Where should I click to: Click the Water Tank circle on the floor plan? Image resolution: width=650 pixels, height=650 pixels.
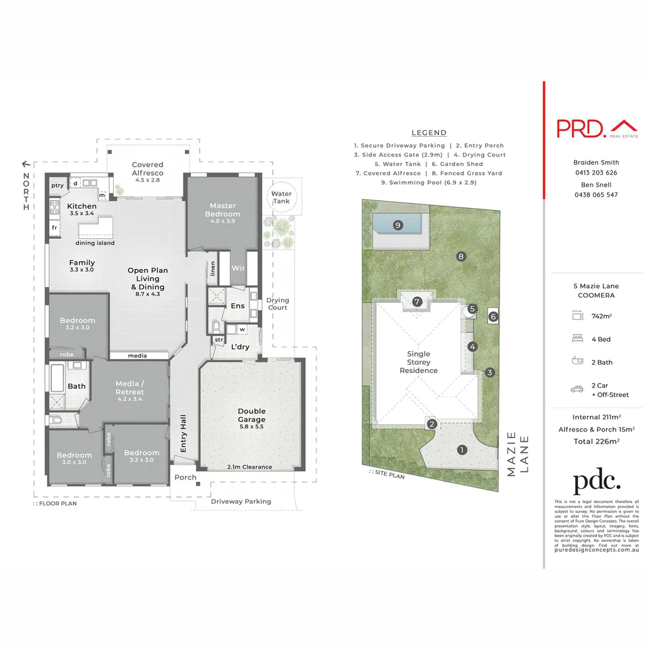click(x=281, y=197)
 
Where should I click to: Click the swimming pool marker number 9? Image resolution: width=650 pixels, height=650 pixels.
click(x=397, y=225)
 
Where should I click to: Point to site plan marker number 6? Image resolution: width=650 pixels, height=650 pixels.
click(x=493, y=315)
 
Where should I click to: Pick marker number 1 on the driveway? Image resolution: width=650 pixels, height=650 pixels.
click(x=462, y=450)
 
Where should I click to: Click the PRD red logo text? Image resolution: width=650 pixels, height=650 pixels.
click(x=581, y=128)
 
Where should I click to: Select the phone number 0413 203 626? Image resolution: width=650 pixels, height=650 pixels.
click(x=596, y=173)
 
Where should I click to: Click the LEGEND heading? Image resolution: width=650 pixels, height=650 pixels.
click(x=429, y=133)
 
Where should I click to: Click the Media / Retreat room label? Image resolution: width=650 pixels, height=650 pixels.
click(x=130, y=388)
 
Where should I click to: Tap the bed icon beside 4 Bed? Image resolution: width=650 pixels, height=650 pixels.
click(x=577, y=339)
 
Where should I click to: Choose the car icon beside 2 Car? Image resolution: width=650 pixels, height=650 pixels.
click(x=577, y=389)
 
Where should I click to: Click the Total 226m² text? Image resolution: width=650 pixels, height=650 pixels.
click(x=596, y=441)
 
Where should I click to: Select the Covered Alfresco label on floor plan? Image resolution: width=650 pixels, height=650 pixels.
click(x=147, y=169)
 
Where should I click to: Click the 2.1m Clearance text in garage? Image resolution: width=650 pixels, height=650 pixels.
click(x=249, y=466)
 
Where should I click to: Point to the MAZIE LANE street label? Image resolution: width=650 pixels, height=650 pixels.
click(x=518, y=454)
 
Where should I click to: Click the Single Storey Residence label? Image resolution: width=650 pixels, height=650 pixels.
click(x=418, y=362)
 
